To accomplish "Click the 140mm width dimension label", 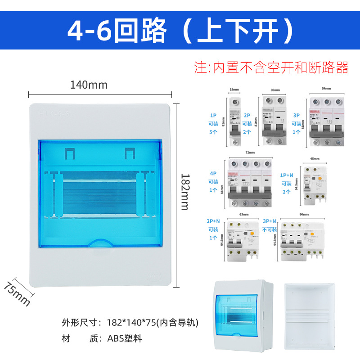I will [x=89, y=84].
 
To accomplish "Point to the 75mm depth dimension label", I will [x=17, y=293].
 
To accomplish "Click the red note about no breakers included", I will [x=271, y=67].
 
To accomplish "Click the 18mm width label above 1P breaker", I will [x=234, y=90].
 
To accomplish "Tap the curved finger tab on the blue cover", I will [x=100, y=243].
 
